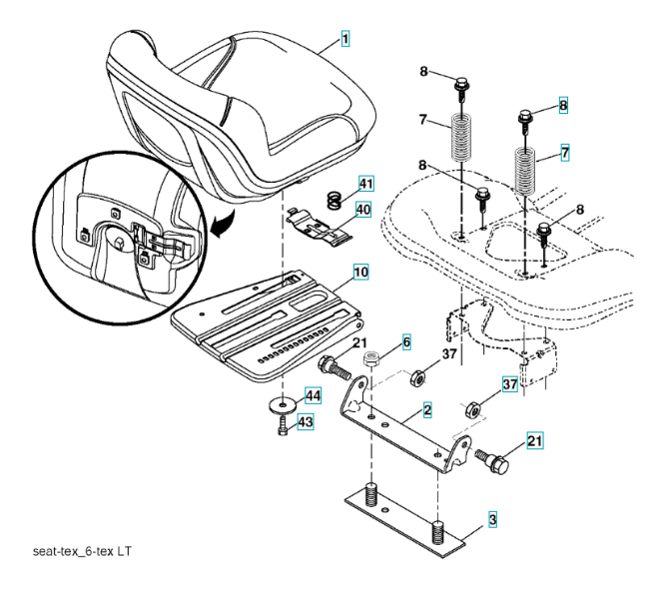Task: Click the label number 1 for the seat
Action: (344, 40)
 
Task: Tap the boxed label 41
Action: (365, 185)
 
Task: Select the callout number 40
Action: (362, 210)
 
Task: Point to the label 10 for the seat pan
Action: (359, 271)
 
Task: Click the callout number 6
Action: (406, 341)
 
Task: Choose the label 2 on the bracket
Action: (426, 410)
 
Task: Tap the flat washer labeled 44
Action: (282, 406)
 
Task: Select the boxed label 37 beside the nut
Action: (508, 384)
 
